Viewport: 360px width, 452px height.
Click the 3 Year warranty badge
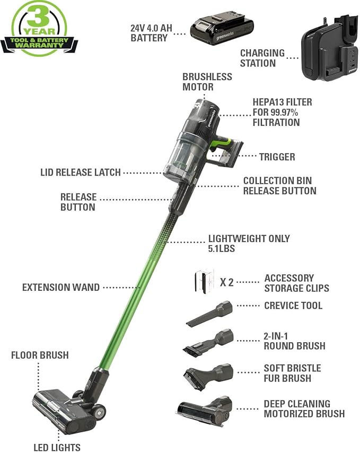coord(38,28)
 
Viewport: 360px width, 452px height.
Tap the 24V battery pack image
coord(222,30)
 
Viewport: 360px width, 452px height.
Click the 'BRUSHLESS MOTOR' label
coord(207,82)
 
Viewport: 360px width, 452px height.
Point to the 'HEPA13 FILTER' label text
coord(283,102)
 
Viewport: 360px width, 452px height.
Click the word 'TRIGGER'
coord(277,157)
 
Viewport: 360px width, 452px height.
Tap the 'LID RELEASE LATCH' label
coord(81,172)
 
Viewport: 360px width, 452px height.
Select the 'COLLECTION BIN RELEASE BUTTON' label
coord(279,186)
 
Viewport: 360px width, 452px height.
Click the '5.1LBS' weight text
coord(222,248)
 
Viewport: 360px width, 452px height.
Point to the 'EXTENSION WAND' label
coord(60,288)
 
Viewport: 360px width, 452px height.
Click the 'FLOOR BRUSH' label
coord(40,355)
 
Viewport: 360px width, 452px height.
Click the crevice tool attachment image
coord(209,314)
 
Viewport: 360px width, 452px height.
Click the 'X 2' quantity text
coord(226,282)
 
